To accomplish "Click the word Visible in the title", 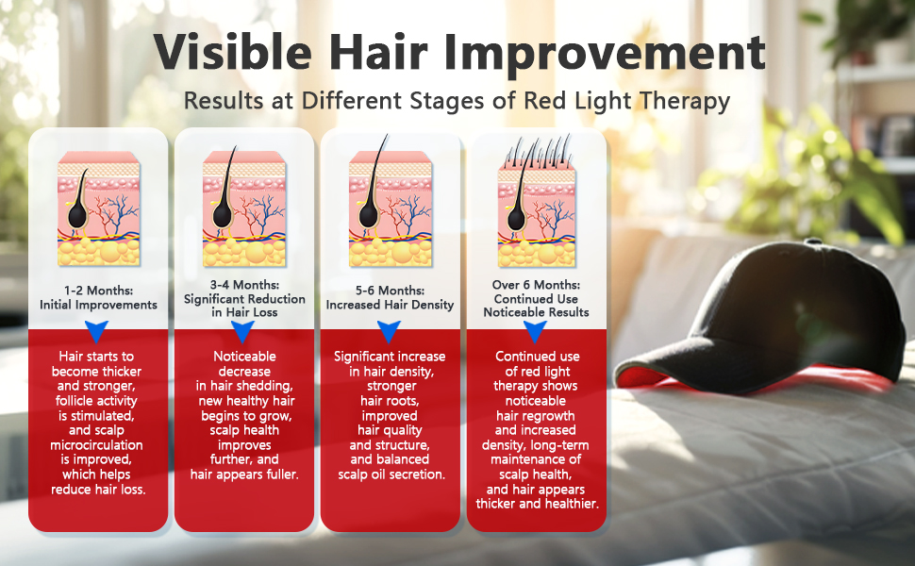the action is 233,52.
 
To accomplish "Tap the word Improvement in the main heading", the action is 605,55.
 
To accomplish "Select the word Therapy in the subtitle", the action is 685,101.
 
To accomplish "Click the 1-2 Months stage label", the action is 99,290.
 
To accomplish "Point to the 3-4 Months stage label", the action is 244,285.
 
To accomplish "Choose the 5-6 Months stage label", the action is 391,290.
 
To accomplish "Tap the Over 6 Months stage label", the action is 537,285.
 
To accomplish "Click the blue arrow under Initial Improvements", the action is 97,331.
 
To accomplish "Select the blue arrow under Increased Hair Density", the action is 389,331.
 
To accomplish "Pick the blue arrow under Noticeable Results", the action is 535,331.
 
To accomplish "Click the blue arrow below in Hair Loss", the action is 242,331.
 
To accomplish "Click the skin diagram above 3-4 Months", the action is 244,208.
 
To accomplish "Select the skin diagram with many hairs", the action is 537,201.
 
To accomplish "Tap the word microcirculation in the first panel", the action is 96,445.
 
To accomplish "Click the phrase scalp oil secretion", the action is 391,474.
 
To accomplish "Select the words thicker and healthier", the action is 538,504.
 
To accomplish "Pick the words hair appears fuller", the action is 244,474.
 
